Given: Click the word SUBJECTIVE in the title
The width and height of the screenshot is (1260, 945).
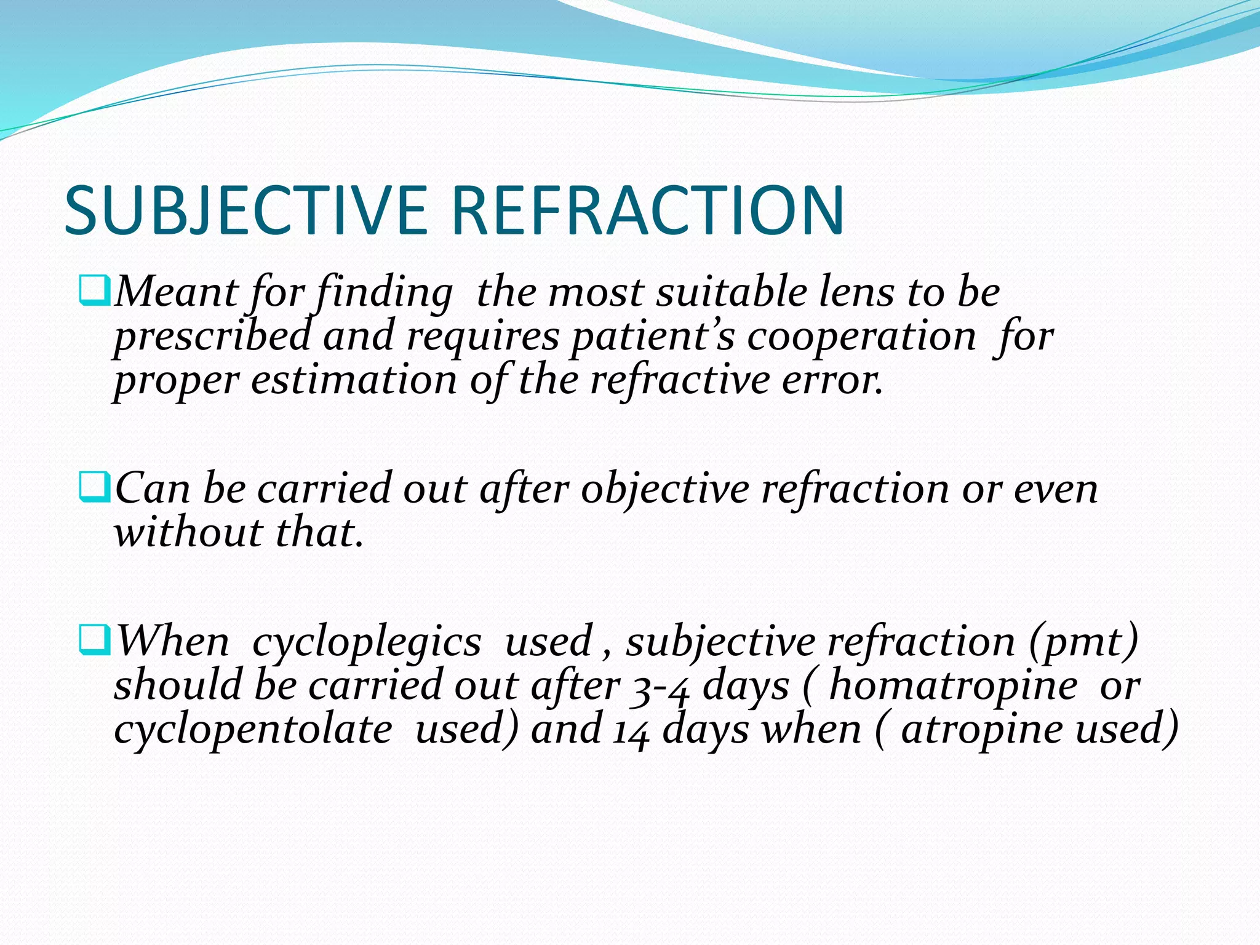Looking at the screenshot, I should coord(246,210).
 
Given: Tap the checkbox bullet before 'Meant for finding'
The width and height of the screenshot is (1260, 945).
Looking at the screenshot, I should coord(95,292).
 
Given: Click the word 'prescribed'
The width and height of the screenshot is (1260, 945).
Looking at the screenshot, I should coord(212,337).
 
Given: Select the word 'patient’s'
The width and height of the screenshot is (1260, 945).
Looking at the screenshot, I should coord(653,337).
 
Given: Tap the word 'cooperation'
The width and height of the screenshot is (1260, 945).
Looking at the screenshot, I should coord(861,337).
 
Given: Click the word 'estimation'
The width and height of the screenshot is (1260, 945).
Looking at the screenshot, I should coord(354,380).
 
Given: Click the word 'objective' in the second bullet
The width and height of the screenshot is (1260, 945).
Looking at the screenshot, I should coord(664,490).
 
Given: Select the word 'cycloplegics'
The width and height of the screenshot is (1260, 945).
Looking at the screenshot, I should coord(367,642).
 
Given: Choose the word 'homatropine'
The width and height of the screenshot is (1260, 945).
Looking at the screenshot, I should coord(953,687).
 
